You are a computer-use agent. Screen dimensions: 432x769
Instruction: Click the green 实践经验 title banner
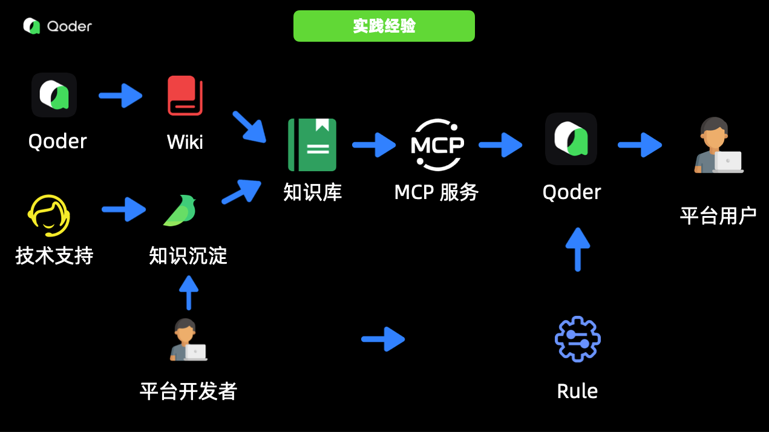384,26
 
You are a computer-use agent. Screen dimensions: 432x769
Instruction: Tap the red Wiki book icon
185,96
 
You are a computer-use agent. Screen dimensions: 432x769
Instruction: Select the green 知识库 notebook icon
312,145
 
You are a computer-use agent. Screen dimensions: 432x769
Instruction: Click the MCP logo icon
437,145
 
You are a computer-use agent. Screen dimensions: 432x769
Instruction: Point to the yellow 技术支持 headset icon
49,215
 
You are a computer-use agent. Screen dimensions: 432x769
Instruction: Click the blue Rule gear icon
577,339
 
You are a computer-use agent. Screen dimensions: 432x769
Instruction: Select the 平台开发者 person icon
188,340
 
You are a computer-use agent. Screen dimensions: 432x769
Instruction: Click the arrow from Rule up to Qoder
578,249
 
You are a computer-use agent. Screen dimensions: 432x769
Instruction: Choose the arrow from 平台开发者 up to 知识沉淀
189,293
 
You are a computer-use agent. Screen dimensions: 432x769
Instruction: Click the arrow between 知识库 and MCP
373,145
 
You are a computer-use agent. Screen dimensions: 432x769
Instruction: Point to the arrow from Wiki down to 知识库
249,126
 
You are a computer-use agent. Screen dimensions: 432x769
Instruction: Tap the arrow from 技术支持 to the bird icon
123,209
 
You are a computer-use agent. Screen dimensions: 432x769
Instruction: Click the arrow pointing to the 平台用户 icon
640,145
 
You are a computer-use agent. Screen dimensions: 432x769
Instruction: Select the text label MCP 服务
436,192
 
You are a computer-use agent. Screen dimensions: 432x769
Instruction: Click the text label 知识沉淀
188,256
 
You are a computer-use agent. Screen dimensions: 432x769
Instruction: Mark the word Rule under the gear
577,391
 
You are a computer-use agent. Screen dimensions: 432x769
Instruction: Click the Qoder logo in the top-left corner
57,26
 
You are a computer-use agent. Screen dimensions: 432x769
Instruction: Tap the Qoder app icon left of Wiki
54,95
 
